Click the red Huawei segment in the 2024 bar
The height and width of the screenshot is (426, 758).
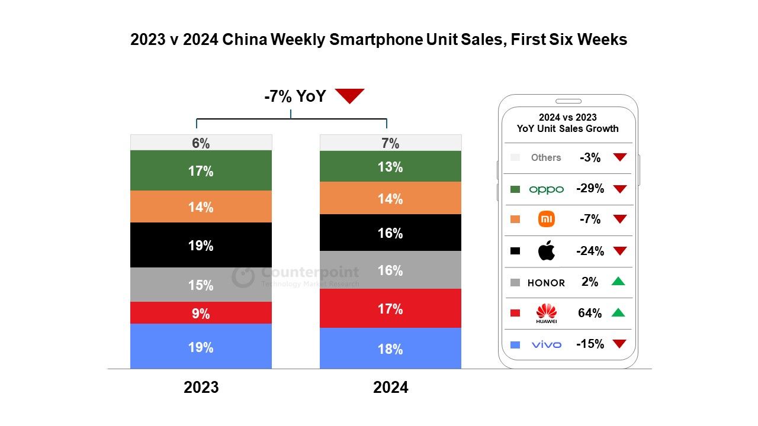(x=390, y=308)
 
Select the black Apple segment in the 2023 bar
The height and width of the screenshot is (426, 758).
(x=201, y=245)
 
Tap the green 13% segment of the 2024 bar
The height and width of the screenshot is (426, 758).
(x=390, y=166)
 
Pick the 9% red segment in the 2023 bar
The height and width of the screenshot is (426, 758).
(x=201, y=313)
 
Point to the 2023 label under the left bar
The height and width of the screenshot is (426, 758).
(x=201, y=388)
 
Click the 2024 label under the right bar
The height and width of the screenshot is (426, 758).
(x=390, y=388)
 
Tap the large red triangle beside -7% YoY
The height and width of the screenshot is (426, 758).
(x=349, y=95)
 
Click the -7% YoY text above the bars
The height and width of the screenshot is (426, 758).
(x=294, y=96)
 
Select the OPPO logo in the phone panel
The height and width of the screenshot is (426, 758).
(x=546, y=189)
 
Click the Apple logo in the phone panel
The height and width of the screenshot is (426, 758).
(x=547, y=251)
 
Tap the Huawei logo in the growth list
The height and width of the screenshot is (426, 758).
(x=546, y=313)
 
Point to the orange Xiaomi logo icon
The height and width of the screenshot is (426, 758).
(x=546, y=220)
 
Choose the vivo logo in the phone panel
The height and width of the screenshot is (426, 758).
(x=546, y=344)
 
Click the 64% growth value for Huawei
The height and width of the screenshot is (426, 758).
(x=590, y=313)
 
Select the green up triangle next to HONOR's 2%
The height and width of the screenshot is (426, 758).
(x=618, y=282)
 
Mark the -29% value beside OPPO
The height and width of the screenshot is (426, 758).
(x=590, y=189)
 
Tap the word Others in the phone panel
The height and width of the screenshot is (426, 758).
(x=546, y=157)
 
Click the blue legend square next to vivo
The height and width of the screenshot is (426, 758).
(x=515, y=344)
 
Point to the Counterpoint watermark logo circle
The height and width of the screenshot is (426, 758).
(x=243, y=276)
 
